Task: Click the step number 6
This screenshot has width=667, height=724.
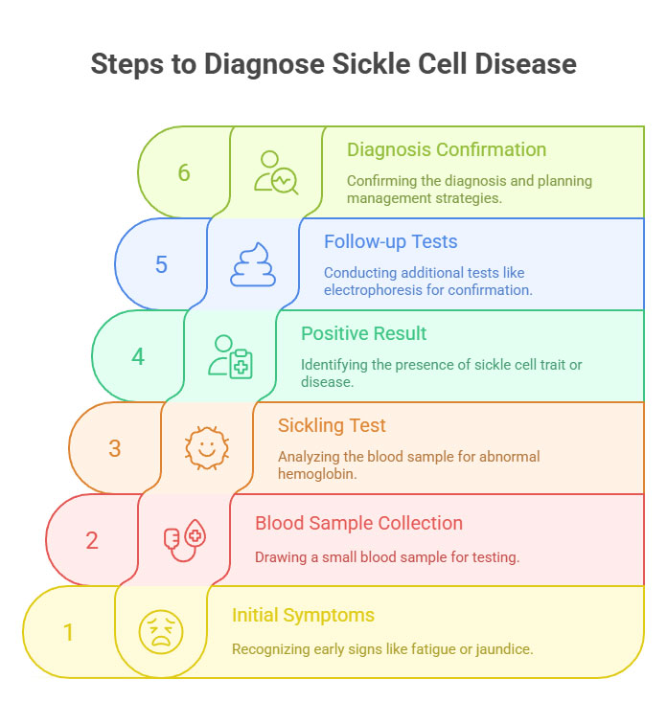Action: click(184, 173)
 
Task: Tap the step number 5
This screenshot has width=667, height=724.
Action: click(161, 265)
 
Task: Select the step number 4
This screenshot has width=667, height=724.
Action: click(138, 357)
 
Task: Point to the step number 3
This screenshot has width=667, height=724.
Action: click(115, 448)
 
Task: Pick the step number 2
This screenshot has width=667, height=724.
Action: click(92, 540)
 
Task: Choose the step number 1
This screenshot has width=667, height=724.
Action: click(68, 632)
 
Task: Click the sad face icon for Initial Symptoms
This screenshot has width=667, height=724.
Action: click(161, 632)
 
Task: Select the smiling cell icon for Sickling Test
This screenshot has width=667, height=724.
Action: click(207, 448)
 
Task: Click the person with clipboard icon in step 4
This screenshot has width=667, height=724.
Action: click(231, 356)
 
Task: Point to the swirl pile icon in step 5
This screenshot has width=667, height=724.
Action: click(253, 264)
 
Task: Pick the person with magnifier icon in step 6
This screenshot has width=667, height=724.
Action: click(276, 172)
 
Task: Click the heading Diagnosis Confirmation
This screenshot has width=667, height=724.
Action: click(447, 150)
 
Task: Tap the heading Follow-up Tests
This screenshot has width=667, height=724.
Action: click(390, 242)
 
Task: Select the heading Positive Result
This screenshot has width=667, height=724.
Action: click(364, 334)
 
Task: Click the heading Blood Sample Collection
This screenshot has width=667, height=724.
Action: click(358, 524)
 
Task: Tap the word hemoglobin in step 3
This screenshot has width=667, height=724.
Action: click(318, 474)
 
